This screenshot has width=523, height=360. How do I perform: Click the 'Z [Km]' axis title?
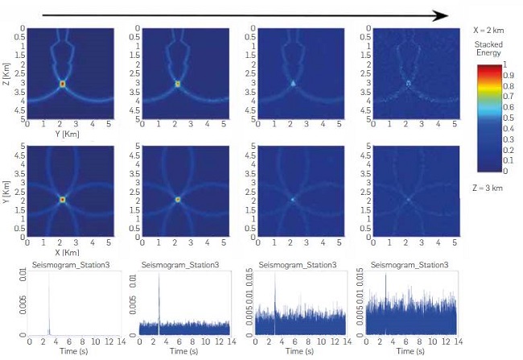pyautogui.click(x=7, y=73)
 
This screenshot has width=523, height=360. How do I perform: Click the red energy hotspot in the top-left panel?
pyautogui.click(x=63, y=83)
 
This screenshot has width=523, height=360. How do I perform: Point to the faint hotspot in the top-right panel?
pyautogui.click(x=409, y=83)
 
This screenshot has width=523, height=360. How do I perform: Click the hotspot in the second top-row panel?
pyautogui.click(x=179, y=83)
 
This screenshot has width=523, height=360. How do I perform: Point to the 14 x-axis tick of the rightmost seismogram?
pyautogui.click(x=455, y=341)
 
